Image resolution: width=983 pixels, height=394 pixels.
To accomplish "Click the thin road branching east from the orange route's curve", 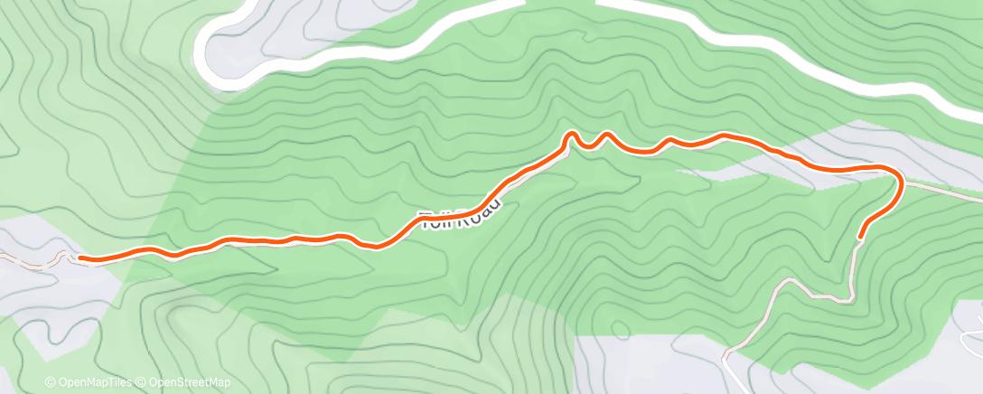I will (944, 191).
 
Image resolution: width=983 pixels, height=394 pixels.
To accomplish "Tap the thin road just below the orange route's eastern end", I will (854, 271).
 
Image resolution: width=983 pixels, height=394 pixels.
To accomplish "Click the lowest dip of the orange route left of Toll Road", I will (376, 246).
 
